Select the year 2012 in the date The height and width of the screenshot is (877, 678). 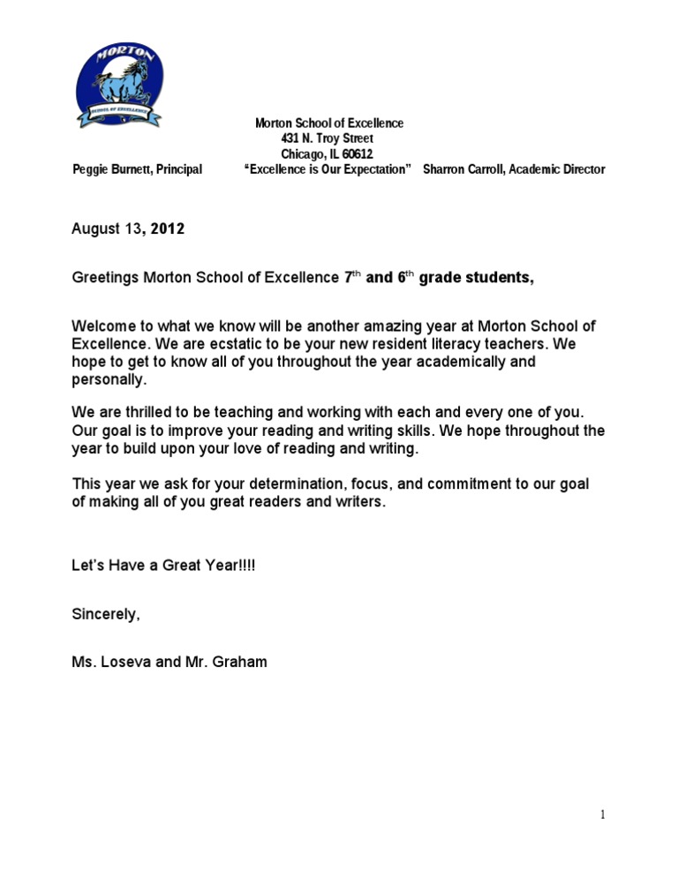(x=167, y=229)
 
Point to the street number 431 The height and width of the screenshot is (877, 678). (x=290, y=139)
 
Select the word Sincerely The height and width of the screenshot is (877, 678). (x=105, y=615)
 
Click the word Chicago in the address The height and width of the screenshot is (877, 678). (x=303, y=154)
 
